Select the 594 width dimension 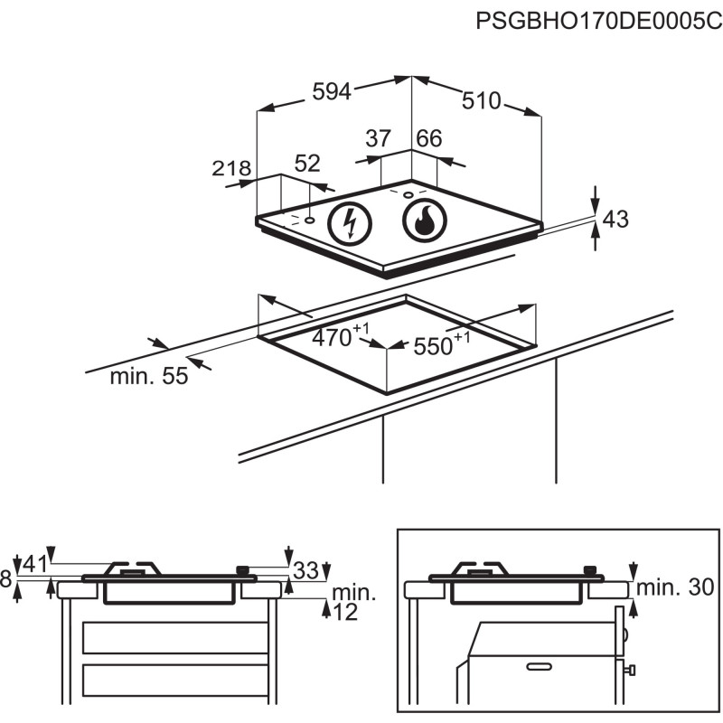point(332,91)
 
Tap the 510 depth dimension point(481,101)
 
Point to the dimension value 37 point(378,139)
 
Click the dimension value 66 point(429,139)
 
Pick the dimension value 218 point(230,168)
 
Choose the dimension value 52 point(308,164)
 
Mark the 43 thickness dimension point(615,219)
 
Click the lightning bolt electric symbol point(351,221)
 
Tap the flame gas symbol point(423,221)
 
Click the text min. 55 point(149,377)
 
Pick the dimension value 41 point(34,565)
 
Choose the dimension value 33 point(306,570)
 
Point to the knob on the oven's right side point(629,669)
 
